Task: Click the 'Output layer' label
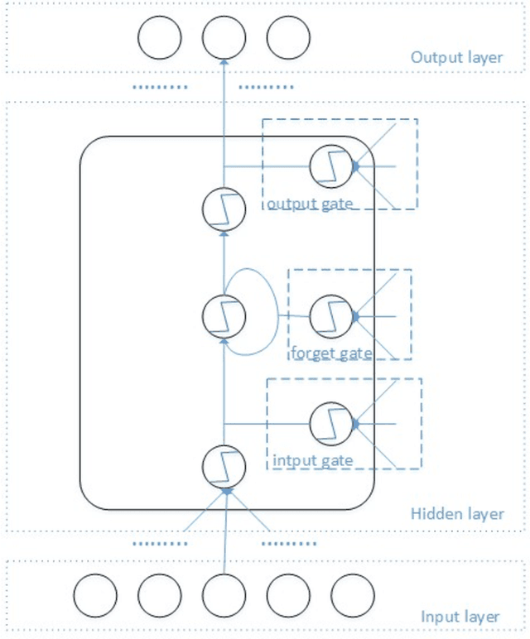point(456,57)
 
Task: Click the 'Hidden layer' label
point(458,514)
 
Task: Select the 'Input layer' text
point(460,617)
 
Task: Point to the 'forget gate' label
point(330,353)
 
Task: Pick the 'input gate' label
point(313,459)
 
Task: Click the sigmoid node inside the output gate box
point(331,166)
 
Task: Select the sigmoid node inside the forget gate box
point(331,315)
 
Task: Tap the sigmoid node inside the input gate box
point(331,423)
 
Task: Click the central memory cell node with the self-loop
point(224,315)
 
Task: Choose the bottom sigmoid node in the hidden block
point(224,465)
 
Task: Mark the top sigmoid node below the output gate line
point(224,209)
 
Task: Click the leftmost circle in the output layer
point(159,37)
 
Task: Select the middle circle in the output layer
point(224,37)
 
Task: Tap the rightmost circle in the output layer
point(288,37)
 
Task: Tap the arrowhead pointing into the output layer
point(224,62)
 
